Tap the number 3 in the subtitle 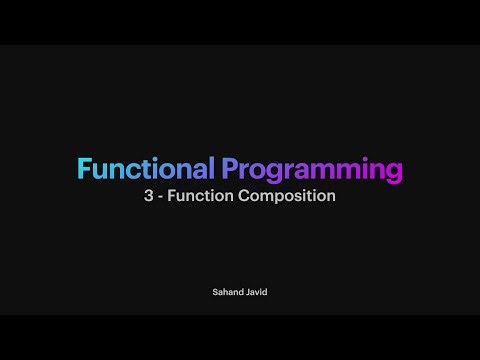coord(149,197)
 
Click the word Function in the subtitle coord(199,197)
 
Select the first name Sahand coord(225,293)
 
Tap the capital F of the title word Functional coord(84,167)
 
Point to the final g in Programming coord(394,172)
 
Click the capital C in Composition coord(244,197)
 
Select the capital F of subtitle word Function coord(172,197)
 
